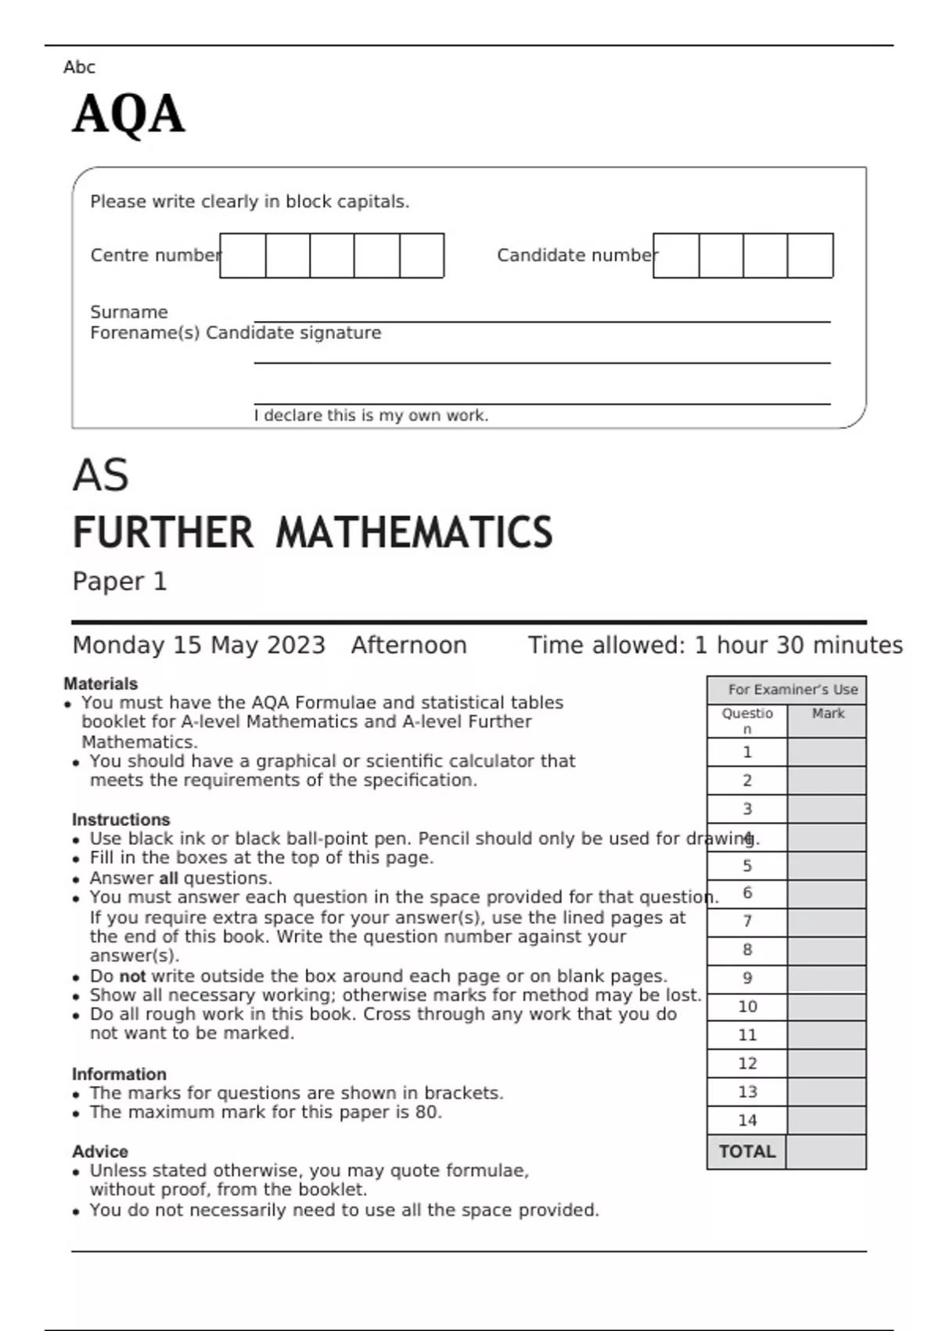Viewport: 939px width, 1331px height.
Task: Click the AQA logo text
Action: point(128,114)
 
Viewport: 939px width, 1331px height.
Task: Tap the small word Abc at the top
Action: point(79,67)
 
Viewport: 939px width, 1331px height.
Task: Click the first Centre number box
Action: point(243,255)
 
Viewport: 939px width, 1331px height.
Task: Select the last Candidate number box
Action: point(810,255)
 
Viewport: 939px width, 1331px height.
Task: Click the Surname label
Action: point(128,312)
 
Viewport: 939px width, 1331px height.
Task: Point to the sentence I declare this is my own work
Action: point(371,416)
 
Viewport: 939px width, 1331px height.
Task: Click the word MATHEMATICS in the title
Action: point(414,532)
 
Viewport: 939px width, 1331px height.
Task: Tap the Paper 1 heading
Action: point(119,581)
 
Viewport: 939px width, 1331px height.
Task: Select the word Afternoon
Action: point(408,645)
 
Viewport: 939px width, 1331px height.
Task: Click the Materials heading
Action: point(100,684)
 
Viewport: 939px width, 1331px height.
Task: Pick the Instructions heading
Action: point(121,820)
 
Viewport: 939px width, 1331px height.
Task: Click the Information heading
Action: point(119,1074)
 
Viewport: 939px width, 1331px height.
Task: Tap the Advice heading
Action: point(100,1152)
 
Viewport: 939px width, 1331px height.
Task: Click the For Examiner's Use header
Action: point(792,690)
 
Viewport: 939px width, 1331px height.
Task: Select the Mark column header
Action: point(828,713)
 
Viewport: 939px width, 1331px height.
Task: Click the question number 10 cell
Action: point(747,1007)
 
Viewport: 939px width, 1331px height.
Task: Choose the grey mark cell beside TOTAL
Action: point(826,1152)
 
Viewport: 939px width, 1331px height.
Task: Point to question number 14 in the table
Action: point(747,1120)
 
